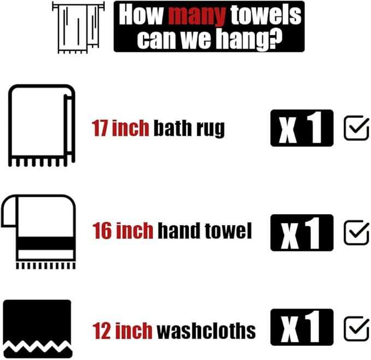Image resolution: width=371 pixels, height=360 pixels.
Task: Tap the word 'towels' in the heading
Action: (266, 15)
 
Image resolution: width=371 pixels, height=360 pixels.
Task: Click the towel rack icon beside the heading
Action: (78, 27)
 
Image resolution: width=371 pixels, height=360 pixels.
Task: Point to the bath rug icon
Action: (41, 125)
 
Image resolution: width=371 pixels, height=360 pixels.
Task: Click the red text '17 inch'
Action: (120, 128)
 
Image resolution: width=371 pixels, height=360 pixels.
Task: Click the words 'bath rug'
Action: (189, 128)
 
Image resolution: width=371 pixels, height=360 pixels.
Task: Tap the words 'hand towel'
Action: (204, 231)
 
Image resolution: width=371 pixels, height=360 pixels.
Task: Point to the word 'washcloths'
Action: (205, 331)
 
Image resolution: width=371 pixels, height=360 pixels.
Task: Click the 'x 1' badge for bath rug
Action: (301, 128)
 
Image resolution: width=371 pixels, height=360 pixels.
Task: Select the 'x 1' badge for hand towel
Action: (301, 232)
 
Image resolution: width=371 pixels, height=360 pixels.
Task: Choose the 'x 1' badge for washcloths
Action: (301, 328)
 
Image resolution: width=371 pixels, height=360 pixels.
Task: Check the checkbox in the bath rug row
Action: (356, 128)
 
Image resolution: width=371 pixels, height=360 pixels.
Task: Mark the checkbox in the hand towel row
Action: (356, 233)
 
